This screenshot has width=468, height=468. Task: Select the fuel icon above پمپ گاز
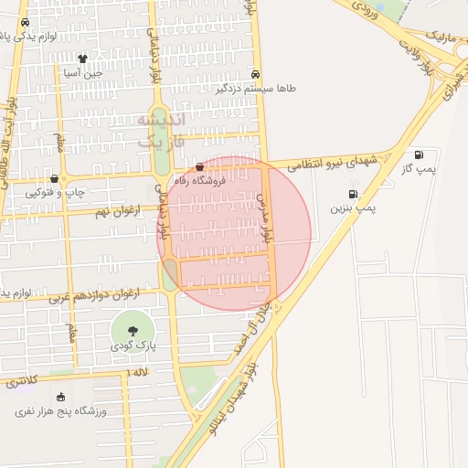(x=419, y=154)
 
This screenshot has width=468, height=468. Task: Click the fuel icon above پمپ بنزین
(x=352, y=194)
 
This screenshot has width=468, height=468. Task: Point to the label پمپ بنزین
(x=353, y=209)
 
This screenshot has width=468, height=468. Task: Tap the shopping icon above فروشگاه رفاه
(x=200, y=166)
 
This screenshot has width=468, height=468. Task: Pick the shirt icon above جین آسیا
(x=82, y=58)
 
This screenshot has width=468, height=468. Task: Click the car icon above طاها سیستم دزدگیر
(x=255, y=75)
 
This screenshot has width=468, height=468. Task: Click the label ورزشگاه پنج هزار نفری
(x=61, y=411)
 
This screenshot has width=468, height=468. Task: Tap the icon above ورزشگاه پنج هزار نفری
(x=61, y=397)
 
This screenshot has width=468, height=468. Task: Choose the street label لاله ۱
(x=139, y=373)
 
